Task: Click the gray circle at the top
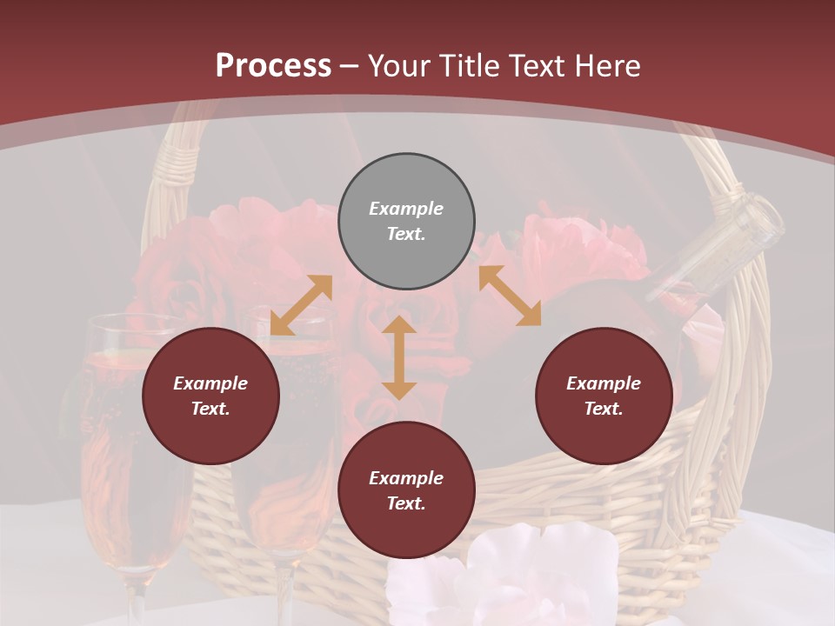coord(406,222)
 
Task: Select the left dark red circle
coord(210,396)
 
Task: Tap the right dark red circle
coord(604,396)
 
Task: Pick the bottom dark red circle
coord(406,490)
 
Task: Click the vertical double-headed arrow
coord(399,357)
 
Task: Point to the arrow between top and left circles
coord(301,304)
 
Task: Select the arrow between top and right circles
coord(510,296)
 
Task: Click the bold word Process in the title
coord(273,66)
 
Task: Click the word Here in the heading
coord(608,66)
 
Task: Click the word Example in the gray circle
coord(406,209)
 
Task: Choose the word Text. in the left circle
coord(210,409)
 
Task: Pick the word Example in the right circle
coord(604,383)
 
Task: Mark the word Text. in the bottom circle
coord(406,503)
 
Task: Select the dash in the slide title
coord(350,66)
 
